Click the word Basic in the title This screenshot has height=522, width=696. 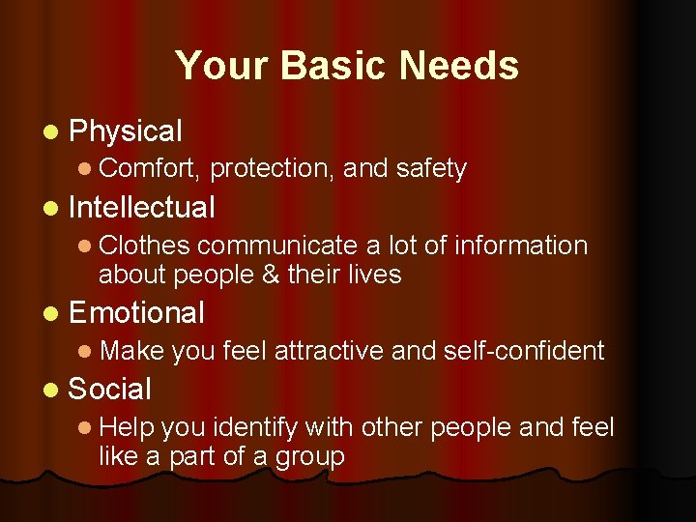[320, 66]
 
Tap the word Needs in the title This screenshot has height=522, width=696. [456, 66]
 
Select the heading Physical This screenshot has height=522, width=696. [126, 130]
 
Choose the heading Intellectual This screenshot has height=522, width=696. [142, 207]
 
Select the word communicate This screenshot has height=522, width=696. [279, 246]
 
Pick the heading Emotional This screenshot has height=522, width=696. [137, 312]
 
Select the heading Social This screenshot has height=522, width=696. [110, 390]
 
